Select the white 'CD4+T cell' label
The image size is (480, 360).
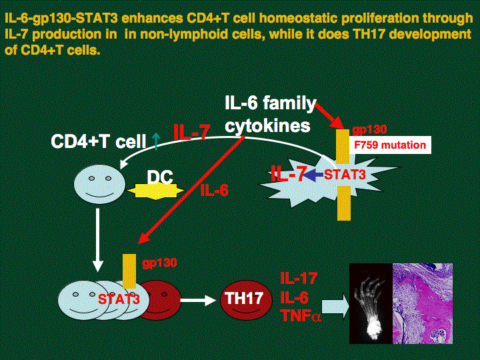[x=99, y=141]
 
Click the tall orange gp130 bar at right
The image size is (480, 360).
[x=343, y=175]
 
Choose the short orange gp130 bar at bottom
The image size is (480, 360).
[x=129, y=271]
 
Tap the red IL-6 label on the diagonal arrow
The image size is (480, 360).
[x=214, y=191]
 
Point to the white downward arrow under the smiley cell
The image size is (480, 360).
[x=99, y=240]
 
